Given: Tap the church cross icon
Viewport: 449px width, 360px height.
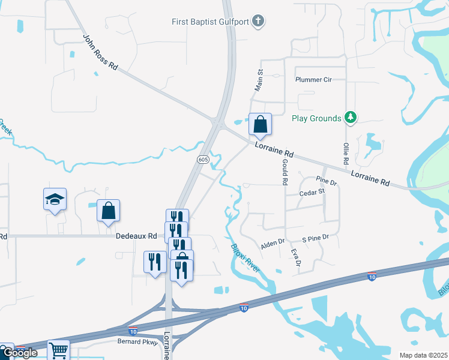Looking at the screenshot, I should click(x=258, y=22).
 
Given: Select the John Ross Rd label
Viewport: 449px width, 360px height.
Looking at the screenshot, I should click(x=100, y=52).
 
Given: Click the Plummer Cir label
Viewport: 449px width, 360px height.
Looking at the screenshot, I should click(x=313, y=80).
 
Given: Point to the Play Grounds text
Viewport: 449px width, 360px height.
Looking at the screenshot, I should click(x=316, y=118).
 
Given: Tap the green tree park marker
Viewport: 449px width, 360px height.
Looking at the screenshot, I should click(x=351, y=118).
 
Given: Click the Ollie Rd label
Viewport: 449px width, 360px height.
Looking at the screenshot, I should click(x=346, y=154).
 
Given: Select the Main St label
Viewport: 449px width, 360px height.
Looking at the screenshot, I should click(x=260, y=79).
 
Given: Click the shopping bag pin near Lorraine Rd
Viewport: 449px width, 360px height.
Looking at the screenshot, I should click(x=261, y=125).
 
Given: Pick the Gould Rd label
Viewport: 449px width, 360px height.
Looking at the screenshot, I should click(x=285, y=172).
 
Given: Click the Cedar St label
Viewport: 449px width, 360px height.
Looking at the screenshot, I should click(x=312, y=192).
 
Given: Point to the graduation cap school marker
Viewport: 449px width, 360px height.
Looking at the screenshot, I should click(x=55, y=199).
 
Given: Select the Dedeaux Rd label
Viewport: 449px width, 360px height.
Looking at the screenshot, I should click(x=136, y=237).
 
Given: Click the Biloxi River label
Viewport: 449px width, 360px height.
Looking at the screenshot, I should click(x=246, y=257).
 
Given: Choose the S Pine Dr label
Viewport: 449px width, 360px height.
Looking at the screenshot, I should click(x=316, y=238).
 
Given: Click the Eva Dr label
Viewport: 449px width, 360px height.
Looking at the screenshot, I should click(x=295, y=257).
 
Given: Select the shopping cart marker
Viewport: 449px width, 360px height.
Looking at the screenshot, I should click(x=58, y=350).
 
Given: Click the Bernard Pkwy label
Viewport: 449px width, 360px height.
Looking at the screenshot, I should click(x=138, y=342).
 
